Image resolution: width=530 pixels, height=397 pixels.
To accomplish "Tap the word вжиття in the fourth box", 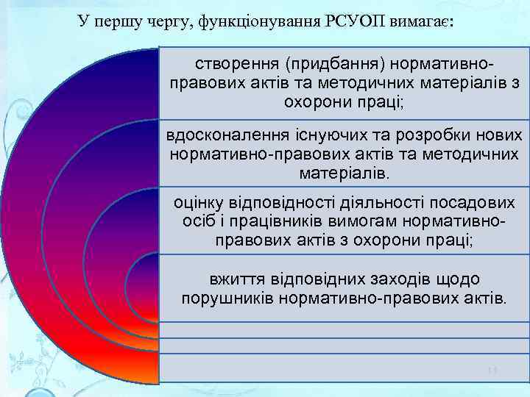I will coord(233,280).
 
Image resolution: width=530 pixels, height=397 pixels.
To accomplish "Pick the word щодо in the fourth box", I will coord(462,280).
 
